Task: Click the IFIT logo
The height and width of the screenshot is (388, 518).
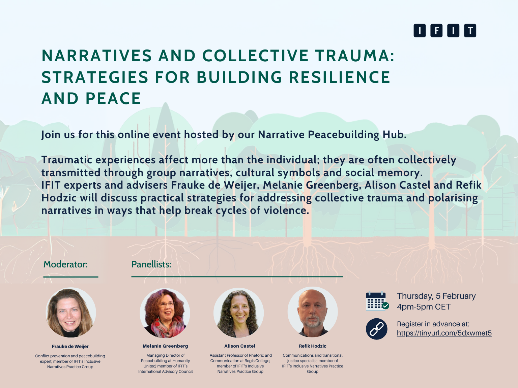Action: [x=444, y=31]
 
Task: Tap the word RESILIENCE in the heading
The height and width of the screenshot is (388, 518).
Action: [x=340, y=77]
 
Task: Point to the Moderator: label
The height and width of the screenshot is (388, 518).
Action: [x=65, y=264]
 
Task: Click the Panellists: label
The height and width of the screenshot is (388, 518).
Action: [x=151, y=264]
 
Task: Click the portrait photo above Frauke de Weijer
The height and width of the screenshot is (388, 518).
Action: [x=71, y=313]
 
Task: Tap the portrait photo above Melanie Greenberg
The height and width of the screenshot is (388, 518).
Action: [x=165, y=313]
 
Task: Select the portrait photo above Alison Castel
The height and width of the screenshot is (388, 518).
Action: [x=239, y=313]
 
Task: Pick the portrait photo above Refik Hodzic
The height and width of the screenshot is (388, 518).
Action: [x=313, y=312]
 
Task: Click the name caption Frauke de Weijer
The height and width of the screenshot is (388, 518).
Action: [x=70, y=346]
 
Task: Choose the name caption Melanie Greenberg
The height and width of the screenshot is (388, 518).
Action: [x=165, y=346]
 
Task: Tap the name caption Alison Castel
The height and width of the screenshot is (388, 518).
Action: [x=240, y=346]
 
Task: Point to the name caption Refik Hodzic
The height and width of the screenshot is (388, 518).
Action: [x=313, y=346]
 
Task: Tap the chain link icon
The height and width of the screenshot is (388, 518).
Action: [x=376, y=329]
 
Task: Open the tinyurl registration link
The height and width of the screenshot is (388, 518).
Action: [x=444, y=333]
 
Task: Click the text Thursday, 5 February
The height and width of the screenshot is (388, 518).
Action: [x=436, y=296]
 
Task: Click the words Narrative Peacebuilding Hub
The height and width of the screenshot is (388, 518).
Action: [x=332, y=135]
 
